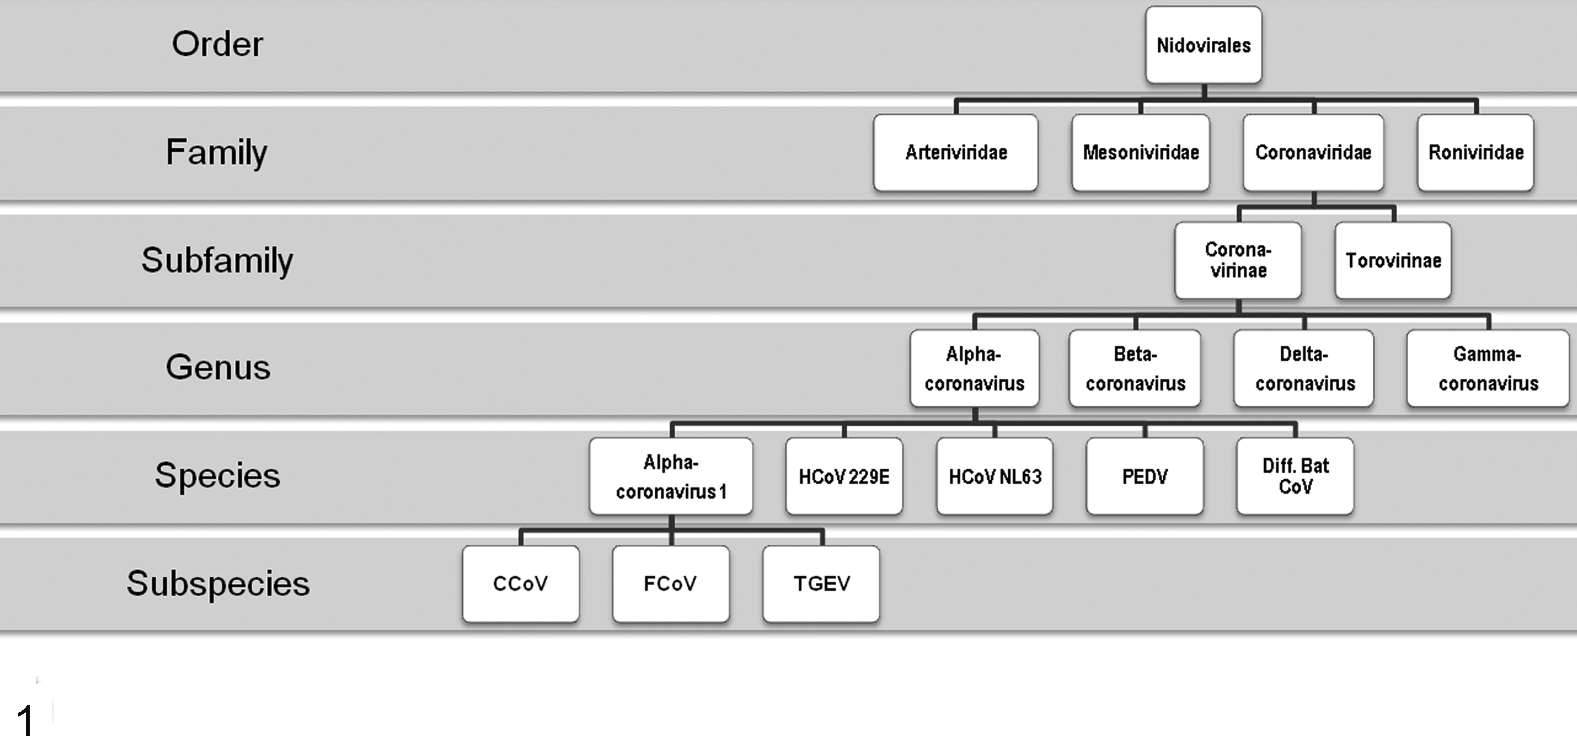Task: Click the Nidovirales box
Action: (x=1204, y=45)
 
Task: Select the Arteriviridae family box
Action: (x=956, y=152)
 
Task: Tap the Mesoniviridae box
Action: (x=1140, y=152)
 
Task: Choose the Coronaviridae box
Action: (x=1313, y=152)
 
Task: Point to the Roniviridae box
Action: (x=1475, y=152)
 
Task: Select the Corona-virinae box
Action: (x=1238, y=260)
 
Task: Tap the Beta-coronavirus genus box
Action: (x=1135, y=369)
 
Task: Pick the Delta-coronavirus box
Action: (x=1304, y=369)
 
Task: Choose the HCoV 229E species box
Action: (x=844, y=476)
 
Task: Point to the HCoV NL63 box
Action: (x=995, y=476)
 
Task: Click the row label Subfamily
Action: (x=217, y=260)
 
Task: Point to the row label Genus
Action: (x=218, y=368)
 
